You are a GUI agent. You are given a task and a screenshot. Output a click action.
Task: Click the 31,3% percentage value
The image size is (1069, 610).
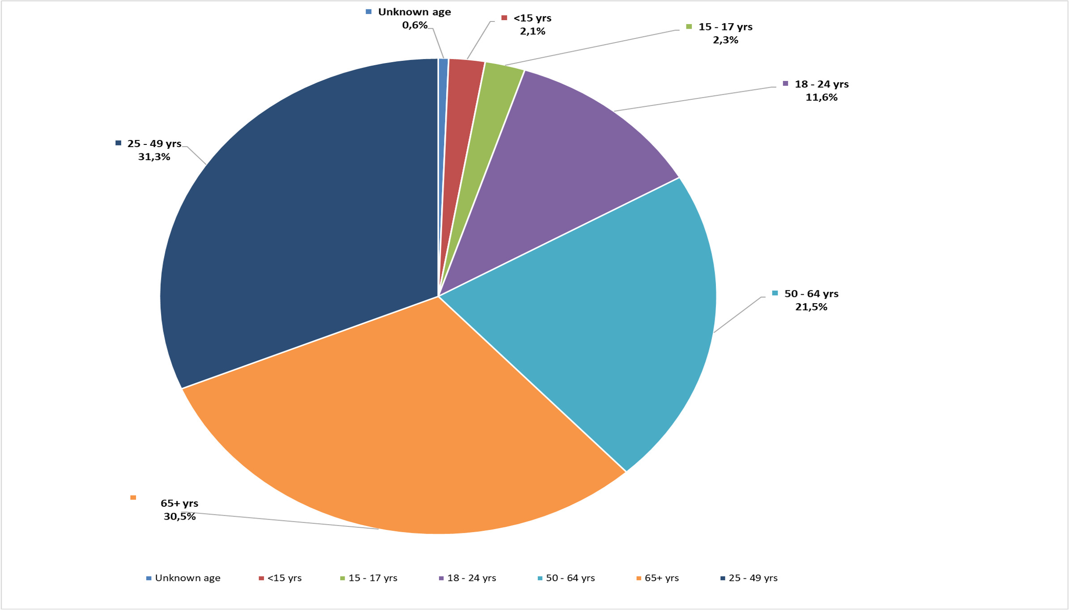[x=154, y=157]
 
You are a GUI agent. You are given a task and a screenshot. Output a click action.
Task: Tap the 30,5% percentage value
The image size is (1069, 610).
[x=179, y=517]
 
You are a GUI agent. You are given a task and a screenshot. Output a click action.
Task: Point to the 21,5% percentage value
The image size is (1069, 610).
[x=811, y=307]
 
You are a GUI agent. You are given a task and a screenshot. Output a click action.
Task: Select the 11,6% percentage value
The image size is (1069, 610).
[x=821, y=97]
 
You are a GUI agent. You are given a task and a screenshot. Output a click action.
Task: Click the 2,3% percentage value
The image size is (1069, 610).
[x=725, y=40]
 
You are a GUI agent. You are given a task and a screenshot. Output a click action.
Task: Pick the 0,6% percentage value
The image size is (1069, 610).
[x=414, y=25]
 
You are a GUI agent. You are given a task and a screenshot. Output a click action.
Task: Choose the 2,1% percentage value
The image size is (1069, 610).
[x=532, y=31]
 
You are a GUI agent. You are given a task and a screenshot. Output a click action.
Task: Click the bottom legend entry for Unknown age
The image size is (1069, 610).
[x=183, y=578]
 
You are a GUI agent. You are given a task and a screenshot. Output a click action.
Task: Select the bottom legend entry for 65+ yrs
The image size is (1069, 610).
[x=657, y=578]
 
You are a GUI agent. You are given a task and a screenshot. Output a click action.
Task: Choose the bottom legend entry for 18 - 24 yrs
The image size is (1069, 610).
[x=467, y=578]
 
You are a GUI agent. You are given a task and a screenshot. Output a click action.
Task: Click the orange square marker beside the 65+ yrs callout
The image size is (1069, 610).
[x=133, y=498]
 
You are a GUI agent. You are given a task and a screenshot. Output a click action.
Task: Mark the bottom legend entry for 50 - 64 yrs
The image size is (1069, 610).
[x=566, y=578]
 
